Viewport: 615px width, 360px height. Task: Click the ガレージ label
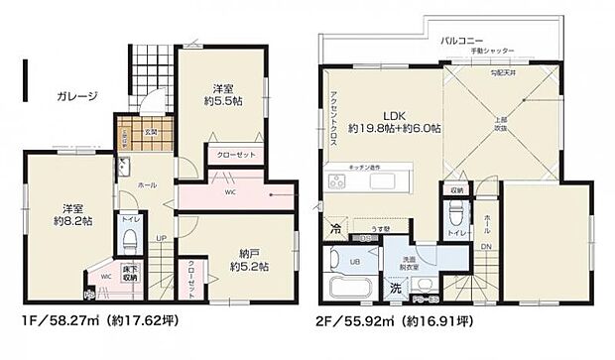pyautogui.click(x=77, y=96)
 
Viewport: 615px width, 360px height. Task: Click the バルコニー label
pyautogui.click(x=461, y=42)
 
